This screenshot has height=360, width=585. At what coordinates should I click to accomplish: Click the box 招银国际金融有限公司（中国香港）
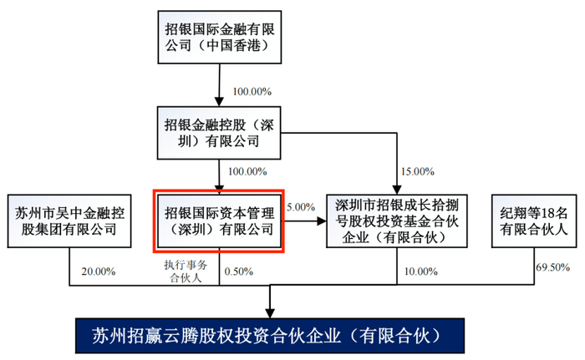[219, 37]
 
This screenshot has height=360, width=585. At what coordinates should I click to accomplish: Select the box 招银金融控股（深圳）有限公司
[219, 133]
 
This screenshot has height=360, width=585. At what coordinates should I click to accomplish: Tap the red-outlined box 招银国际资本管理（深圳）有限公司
[219, 221]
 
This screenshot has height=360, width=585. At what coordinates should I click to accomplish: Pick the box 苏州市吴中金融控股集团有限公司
[69, 221]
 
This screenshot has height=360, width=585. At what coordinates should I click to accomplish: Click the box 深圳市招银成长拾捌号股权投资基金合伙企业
[397, 221]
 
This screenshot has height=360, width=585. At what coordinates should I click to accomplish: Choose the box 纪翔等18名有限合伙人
[534, 221]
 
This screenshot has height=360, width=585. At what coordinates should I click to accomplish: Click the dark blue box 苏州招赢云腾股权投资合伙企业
[270, 336]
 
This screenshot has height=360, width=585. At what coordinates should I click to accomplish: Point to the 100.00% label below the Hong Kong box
[252, 92]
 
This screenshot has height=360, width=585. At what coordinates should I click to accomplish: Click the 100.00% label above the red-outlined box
[247, 171]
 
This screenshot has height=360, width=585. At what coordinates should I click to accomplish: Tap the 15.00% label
[418, 171]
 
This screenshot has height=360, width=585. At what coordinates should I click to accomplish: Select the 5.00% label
[301, 207]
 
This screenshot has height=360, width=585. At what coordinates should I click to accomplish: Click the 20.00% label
[99, 271]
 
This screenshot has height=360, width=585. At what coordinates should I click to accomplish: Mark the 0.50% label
[239, 271]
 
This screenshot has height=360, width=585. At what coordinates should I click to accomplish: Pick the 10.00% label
[421, 271]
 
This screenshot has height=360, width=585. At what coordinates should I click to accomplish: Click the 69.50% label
[553, 267]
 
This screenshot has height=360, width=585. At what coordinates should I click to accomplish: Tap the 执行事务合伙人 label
[186, 271]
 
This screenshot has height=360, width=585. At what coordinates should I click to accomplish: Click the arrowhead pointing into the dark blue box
[270, 313]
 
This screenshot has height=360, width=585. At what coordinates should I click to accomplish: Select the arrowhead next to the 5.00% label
[322, 221]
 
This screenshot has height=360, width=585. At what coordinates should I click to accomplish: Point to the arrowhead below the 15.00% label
[397, 190]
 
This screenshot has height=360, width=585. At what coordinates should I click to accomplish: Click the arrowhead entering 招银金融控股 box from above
[219, 102]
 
